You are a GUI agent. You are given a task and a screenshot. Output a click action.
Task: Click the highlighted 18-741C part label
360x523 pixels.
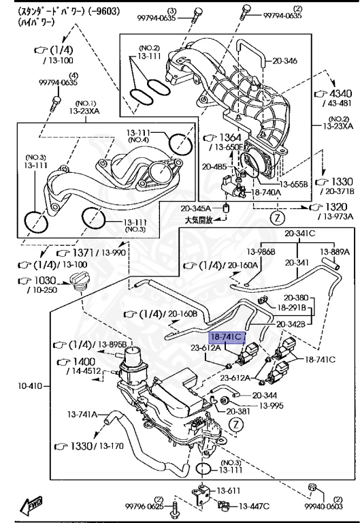(x=225, y=337)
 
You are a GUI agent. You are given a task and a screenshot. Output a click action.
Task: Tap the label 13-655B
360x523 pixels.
(x=295, y=183)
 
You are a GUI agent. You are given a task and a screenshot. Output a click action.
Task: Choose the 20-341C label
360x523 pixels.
(x=300, y=233)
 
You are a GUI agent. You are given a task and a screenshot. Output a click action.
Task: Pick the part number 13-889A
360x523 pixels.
(x=336, y=251)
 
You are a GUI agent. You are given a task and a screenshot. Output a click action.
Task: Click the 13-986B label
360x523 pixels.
(x=261, y=251)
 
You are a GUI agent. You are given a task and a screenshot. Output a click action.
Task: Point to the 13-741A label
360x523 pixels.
(x=83, y=413)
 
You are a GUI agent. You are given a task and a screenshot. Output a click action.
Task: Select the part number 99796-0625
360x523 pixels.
(x=144, y=506)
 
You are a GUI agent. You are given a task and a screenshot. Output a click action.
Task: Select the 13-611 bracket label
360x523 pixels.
(x=229, y=490)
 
